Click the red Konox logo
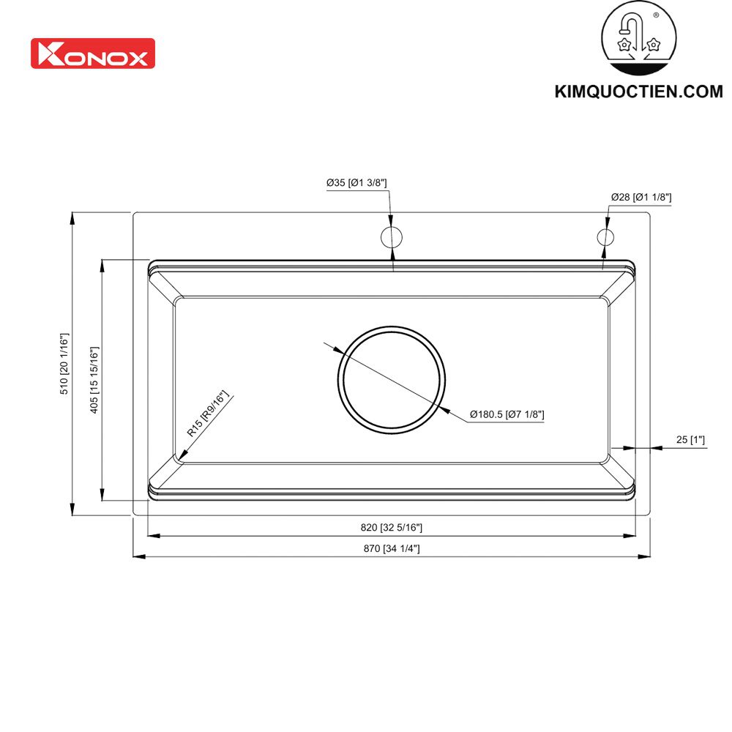click(x=92, y=53)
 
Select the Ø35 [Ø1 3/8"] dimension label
click(x=356, y=183)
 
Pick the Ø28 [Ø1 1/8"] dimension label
click(x=641, y=197)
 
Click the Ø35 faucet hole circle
click(x=392, y=237)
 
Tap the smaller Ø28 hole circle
click(x=605, y=237)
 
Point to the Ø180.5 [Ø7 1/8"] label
click(x=507, y=415)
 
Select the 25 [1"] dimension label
click(x=690, y=440)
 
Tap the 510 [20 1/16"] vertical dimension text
click(x=64, y=365)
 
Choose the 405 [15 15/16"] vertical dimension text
click(x=94, y=379)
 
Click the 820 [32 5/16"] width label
click(x=391, y=527)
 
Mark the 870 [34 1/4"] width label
click(x=391, y=548)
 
